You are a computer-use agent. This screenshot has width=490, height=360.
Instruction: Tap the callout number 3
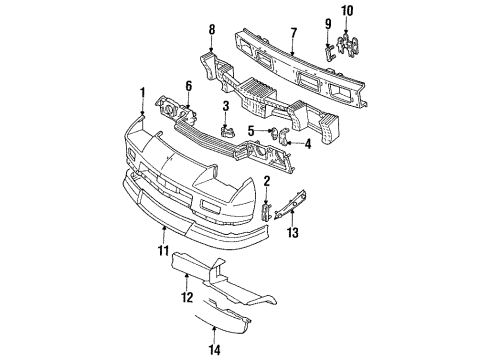click(227, 106)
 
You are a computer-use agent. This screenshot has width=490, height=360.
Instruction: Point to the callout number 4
click(306, 144)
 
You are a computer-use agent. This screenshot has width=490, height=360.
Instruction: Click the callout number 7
click(292, 31)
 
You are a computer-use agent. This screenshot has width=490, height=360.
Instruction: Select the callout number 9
click(327, 23)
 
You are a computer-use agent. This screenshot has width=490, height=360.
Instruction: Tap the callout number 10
click(349, 11)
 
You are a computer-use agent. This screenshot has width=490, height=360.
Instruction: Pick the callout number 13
click(293, 234)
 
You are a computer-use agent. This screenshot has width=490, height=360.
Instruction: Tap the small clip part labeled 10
click(349, 40)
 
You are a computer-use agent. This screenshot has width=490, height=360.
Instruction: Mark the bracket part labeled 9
click(328, 46)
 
